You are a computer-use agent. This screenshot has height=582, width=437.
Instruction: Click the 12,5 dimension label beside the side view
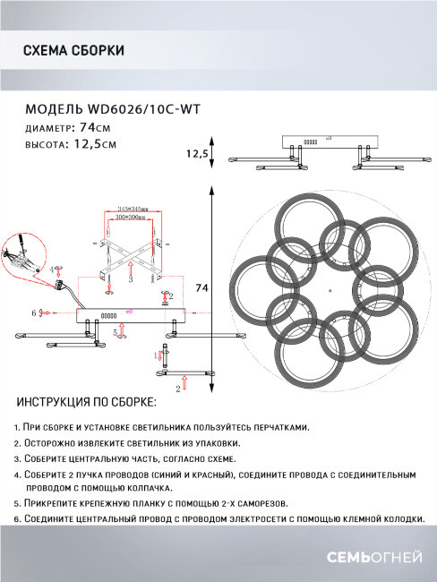click(197, 154)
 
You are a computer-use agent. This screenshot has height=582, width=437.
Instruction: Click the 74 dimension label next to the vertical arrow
click(202, 287)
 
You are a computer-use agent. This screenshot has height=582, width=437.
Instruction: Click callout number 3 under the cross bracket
click(130, 279)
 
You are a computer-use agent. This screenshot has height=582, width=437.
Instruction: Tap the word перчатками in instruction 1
click(277, 428)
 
